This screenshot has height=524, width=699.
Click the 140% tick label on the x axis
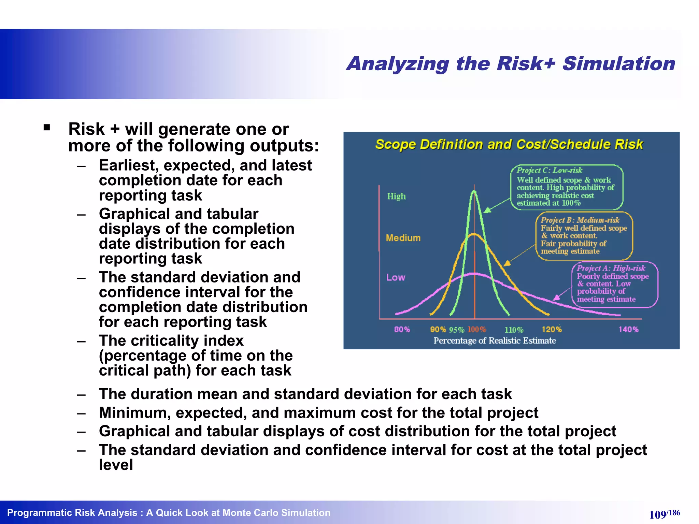click(x=628, y=330)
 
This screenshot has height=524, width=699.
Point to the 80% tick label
click(x=402, y=330)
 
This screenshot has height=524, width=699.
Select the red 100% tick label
click(x=476, y=330)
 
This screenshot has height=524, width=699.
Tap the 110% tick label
click(x=514, y=330)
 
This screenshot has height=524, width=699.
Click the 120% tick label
click(x=552, y=330)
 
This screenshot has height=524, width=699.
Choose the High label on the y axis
click(x=396, y=196)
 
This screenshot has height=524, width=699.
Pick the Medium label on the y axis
click(x=403, y=238)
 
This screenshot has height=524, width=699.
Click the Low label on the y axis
click(x=396, y=278)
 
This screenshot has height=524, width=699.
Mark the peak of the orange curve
click(x=474, y=234)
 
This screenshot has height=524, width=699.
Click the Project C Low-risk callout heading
click(x=549, y=170)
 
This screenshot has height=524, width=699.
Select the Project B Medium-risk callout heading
click(x=580, y=220)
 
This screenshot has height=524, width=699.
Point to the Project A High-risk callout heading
click(x=611, y=268)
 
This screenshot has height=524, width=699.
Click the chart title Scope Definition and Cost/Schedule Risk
click(x=509, y=145)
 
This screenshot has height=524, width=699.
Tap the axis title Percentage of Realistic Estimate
click(x=495, y=341)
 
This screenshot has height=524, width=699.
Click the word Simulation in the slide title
click(x=618, y=64)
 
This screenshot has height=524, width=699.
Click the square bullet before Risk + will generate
click(x=47, y=128)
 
